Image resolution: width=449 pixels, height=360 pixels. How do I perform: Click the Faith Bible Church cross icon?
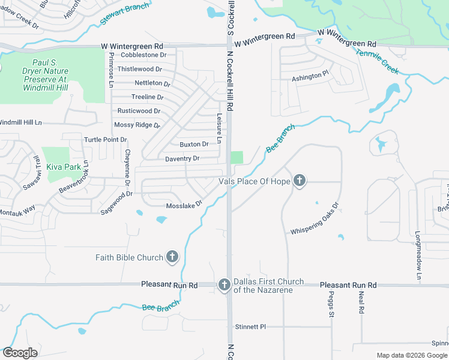[x=172, y=257]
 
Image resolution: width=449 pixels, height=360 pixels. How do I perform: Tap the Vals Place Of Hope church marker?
[x=300, y=181]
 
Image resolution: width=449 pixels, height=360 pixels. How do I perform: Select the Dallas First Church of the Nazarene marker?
[x=224, y=284]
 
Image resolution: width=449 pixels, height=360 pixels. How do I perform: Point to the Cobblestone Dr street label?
[x=143, y=55]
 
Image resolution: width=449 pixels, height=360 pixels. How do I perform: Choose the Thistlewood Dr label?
[x=139, y=70]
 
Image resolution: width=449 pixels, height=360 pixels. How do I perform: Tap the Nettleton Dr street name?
[x=152, y=83]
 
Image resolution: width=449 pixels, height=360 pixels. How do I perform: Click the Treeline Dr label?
[x=147, y=97]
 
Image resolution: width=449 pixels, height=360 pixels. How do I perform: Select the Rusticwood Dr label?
[x=139, y=111]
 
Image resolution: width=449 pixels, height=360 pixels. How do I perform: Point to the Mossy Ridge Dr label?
[x=137, y=125]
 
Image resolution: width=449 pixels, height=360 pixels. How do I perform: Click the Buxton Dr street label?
[x=194, y=145]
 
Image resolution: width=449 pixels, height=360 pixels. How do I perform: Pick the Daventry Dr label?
[x=182, y=159]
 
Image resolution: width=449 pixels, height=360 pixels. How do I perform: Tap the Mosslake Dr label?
[x=184, y=205]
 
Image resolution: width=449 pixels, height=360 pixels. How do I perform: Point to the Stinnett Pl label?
[x=250, y=327]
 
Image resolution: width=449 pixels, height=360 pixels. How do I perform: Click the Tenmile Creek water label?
[x=377, y=61]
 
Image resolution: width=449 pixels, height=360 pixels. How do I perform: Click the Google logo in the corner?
[x=20, y=353]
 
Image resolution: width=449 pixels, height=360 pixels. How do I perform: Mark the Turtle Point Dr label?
[x=105, y=140]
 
